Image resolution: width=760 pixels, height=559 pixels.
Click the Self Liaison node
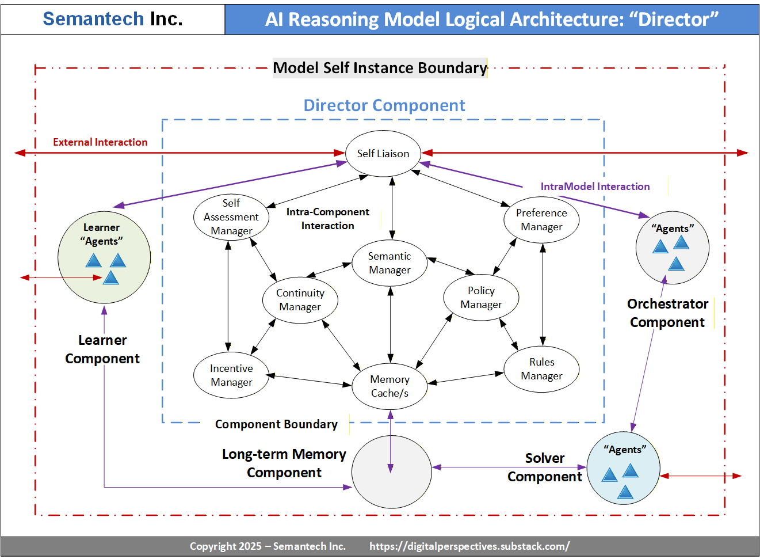(x=383, y=153)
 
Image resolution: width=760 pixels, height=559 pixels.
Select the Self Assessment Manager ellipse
(x=231, y=217)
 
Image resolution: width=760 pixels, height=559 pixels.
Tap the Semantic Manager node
(x=389, y=263)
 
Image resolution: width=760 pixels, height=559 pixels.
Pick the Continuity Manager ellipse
(x=300, y=300)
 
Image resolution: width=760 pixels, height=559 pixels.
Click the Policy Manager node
(x=481, y=298)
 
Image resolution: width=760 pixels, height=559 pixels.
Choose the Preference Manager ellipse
(x=541, y=219)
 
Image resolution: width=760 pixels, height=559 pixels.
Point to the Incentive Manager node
(x=231, y=375)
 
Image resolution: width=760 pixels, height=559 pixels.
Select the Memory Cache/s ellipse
(x=389, y=386)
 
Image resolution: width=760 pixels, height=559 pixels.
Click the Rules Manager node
(x=541, y=369)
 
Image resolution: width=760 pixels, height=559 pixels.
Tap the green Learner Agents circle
(x=104, y=257)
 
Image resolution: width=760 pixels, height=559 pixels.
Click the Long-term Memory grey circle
(x=392, y=472)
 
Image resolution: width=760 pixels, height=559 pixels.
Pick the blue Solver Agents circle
(x=624, y=469)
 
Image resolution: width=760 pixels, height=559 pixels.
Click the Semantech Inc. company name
(x=113, y=19)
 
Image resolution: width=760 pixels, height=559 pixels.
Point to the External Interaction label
(x=100, y=142)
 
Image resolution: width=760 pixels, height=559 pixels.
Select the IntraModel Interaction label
(x=595, y=187)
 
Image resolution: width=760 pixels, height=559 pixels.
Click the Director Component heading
(x=384, y=105)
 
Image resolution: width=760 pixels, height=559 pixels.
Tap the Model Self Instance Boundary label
(x=380, y=68)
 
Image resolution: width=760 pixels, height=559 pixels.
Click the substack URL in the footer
(x=469, y=546)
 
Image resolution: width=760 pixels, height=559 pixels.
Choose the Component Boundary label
(x=276, y=424)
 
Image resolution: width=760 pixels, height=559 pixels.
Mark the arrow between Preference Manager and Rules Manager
(x=543, y=294)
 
